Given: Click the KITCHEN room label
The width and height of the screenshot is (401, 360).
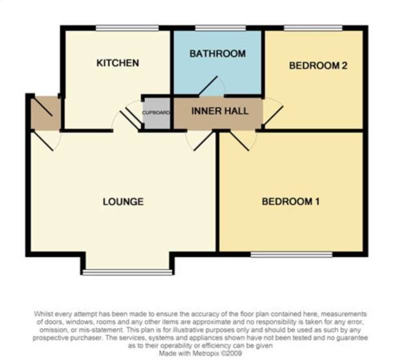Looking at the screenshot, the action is pyautogui.click(x=118, y=63).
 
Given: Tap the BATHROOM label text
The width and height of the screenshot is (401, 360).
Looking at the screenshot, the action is pyautogui.click(x=218, y=54).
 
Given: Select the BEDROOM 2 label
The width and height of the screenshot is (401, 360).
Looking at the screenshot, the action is pyautogui.click(x=318, y=66).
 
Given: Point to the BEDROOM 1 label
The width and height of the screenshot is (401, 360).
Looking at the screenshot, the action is pyautogui.click(x=291, y=202).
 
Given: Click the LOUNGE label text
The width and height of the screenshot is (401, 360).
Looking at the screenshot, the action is pyautogui.click(x=123, y=202).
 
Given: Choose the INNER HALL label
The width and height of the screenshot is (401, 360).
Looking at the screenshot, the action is pyautogui.click(x=220, y=111).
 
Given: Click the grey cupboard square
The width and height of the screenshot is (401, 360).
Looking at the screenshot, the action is pyautogui.click(x=156, y=113).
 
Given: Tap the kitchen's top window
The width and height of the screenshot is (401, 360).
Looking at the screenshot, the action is pyautogui.click(x=127, y=28).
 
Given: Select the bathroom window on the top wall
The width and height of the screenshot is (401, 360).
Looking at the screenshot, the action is pyautogui.click(x=221, y=28).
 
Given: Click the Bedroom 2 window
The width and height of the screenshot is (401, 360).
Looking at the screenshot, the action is pyautogui.click(x=313, y=28).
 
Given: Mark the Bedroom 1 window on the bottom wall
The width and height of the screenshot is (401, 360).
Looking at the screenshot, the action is pyautogui.click(x=292, y=254).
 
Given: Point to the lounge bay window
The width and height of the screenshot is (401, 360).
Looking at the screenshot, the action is pyautogui.click(x=127, y=272).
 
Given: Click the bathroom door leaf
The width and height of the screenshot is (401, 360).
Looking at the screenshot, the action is pyautogui.click(x=208, y=86).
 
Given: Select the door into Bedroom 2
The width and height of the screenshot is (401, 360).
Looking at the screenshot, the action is pyautogui.click(x=274, y=116).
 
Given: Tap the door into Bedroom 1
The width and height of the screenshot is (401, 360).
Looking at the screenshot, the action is pyautogui.click(x=240, y=141).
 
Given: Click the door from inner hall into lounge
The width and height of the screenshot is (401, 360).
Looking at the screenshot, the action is pyautogui.click(x=204, y=141).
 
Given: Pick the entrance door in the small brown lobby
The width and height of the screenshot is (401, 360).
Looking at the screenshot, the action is pyautogui.click(x=44, y=107).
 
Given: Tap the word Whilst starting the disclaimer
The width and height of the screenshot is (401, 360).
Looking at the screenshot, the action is pyautogui.click(x=43, y=314).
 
